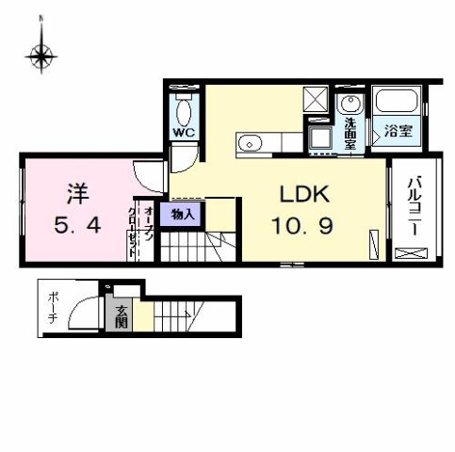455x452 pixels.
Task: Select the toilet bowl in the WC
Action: pyautogui.click(x=182, y=111)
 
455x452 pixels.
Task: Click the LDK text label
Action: pyautogui.click(x=302, y=195)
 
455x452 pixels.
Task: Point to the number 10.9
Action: pyautogui.click(x=303, y=226)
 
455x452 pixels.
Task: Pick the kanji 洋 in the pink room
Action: pyautogui.click(x=77, y=195)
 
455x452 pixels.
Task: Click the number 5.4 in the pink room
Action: pyautogui.click(x=77, y=226)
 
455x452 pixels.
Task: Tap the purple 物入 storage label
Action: pyautogui.click(x=184, y=215)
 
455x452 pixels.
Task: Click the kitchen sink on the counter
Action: pyautogui.click(x=250, y=144)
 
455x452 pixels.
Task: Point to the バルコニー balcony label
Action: pyautogui.click(x=412, y=202)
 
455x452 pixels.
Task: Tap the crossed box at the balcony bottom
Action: pyautogui.click(x=411, y=252)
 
